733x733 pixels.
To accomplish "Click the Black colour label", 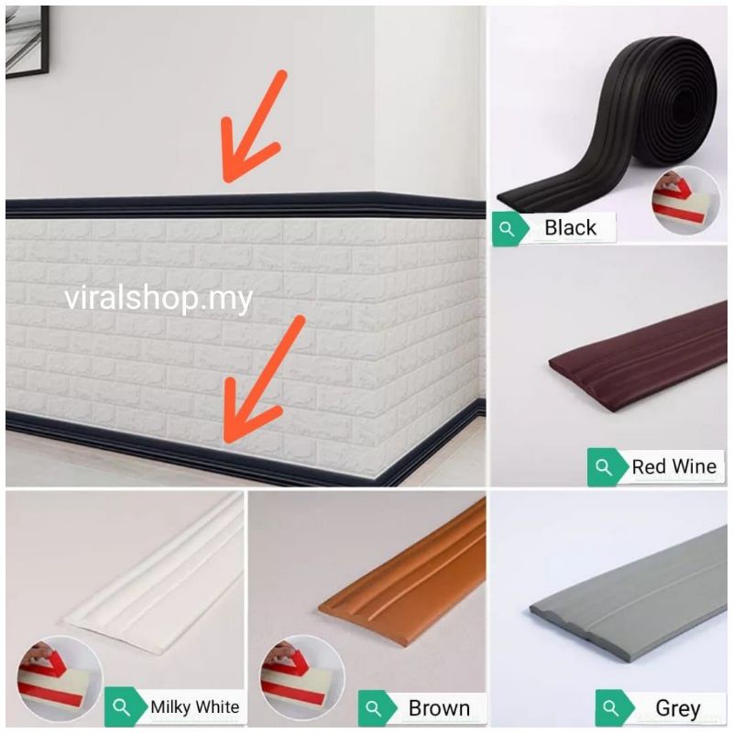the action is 570,228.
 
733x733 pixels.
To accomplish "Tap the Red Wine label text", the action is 674,466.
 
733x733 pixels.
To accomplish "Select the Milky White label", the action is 194,706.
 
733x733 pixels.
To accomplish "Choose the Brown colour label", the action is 439,708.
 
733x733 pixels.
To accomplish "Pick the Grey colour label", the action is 678,708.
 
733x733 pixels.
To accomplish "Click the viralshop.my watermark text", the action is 159,299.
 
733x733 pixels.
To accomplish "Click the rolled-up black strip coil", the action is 607,126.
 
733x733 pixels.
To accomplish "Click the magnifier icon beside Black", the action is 508,229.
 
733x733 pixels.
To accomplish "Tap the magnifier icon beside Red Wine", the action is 604,467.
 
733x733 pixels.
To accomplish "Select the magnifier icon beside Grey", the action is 611,708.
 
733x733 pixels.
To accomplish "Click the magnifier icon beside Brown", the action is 374,708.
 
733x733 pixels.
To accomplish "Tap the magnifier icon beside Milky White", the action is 122,706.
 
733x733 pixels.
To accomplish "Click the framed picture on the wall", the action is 27,41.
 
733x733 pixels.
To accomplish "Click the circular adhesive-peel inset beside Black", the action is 686,200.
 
